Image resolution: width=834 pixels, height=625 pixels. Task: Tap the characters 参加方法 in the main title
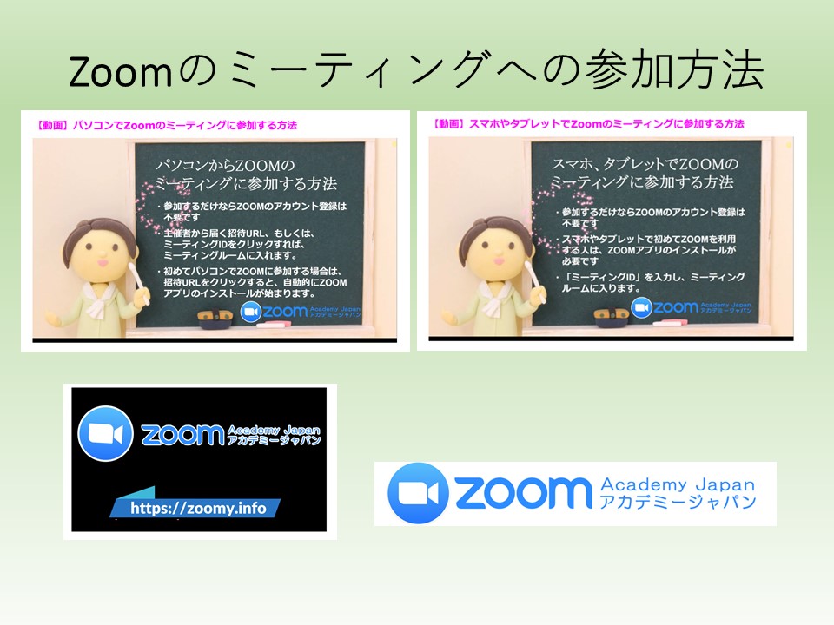tap(674, 69)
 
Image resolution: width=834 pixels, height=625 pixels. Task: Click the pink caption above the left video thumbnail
tap(167, 125)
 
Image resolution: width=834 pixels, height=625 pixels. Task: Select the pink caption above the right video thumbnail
tap(589, 124)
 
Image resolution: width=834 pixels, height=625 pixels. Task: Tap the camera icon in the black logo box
tap(105, 433)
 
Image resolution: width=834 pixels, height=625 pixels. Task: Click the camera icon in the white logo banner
tap(419, 493)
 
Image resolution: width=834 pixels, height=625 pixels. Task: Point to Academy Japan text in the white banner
tap(678, 484)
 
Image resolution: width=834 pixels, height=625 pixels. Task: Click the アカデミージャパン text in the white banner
tap(678, 502)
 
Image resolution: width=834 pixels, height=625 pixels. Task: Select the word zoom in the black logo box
tap(182, 434)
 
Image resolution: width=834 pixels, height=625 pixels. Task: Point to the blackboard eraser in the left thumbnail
tap(215, 318)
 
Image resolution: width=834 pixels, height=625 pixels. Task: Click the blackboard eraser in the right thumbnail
tap(612, 316)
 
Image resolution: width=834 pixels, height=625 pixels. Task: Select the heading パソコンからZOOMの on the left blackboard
tap(225, 165)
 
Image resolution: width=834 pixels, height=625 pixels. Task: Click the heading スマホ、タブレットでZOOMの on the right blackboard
tap(645, 164)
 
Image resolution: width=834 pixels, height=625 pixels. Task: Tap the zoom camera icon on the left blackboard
tap(250, 312)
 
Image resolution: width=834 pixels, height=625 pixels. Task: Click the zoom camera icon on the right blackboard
tap(641, 307)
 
